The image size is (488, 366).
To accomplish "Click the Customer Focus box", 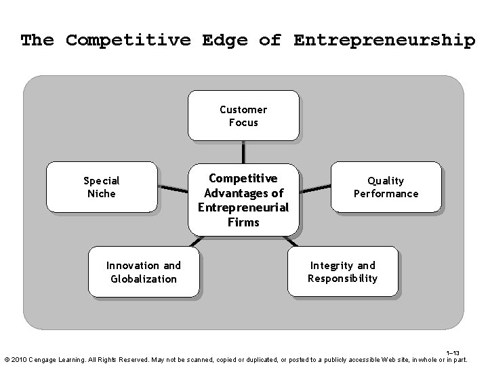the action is point(243,116).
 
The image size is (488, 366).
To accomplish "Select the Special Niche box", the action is point(101,187).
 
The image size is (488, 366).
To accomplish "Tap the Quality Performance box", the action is point(386,187).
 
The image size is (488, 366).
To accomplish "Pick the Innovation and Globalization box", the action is point(144,272).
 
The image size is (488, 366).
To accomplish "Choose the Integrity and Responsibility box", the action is point(342,272).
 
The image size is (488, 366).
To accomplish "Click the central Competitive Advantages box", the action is point(243,200).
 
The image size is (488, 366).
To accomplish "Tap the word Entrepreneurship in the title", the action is point(384,40).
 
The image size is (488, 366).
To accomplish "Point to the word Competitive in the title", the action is point(128,40).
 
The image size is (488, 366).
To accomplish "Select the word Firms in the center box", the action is point(243,222).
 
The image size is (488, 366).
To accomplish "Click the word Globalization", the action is point(144,279).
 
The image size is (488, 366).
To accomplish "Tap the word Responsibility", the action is point(342,279).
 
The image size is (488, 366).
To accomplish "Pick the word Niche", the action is point(101,194).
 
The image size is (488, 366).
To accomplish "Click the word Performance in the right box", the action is point(386,194).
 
